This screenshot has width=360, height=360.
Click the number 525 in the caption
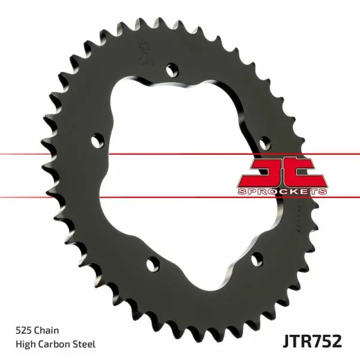pos(23,329)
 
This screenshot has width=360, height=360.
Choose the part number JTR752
pos(311,341)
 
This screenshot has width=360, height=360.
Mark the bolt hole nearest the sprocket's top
pos(174,68)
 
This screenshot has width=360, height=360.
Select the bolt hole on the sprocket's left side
pos(96,140)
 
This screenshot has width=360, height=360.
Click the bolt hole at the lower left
pos(152,262)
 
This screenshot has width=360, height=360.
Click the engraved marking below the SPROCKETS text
pos(298,213)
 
